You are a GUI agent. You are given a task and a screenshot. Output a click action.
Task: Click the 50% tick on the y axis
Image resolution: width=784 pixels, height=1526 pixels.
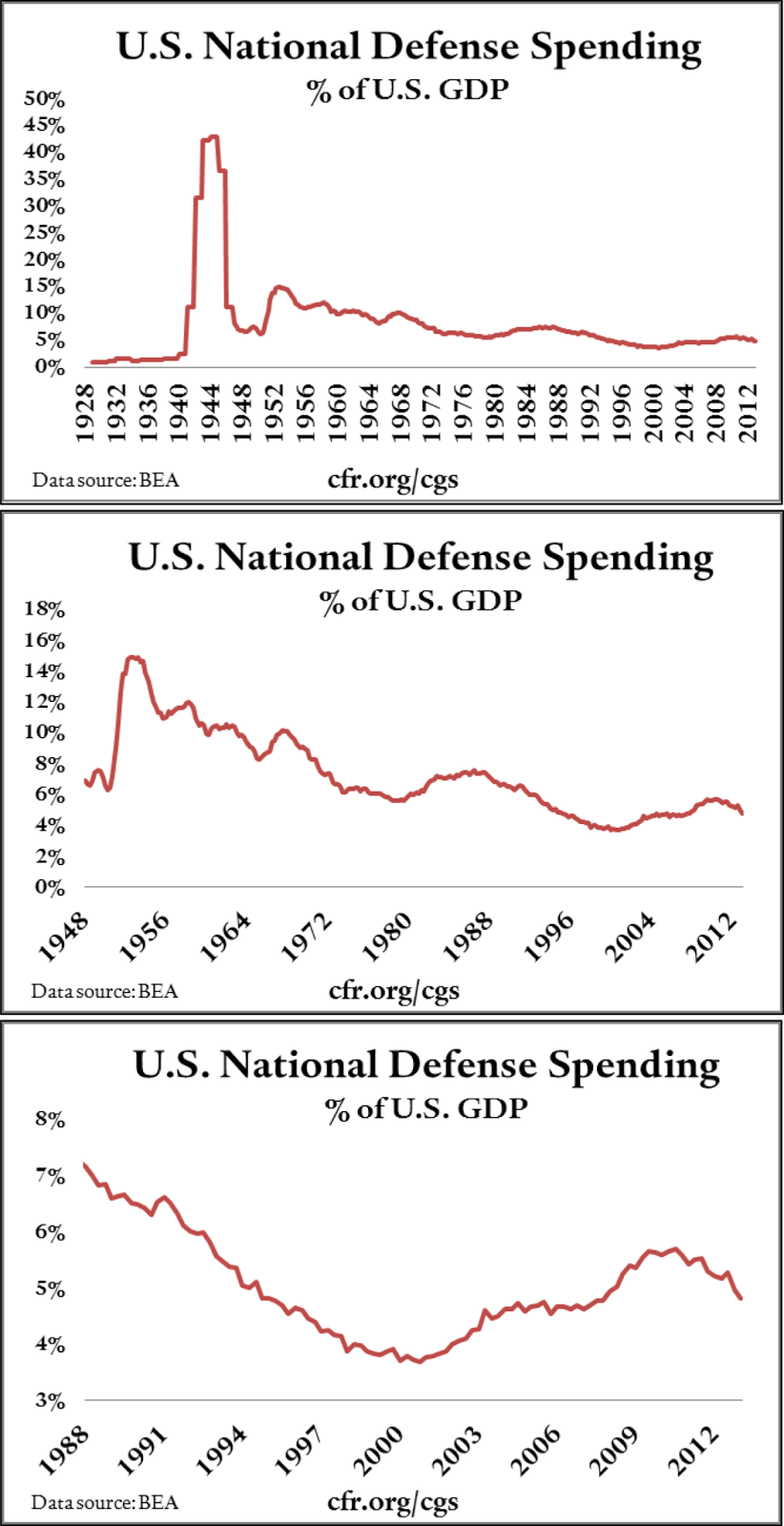(44, 99)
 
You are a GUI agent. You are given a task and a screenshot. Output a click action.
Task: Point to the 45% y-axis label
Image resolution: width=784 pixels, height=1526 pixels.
(44, 126)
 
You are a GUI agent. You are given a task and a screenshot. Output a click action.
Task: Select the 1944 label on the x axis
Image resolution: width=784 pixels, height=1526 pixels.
(211, 413)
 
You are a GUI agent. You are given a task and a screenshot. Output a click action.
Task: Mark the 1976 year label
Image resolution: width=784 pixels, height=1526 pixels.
(464, 413)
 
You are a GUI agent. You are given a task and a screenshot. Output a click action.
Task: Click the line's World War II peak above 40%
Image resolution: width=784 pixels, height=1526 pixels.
(213, 137)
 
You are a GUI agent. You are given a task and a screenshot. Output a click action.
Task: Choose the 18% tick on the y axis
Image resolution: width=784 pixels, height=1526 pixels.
(44, 608)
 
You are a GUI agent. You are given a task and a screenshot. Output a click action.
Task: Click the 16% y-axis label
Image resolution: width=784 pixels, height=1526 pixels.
(44, 640)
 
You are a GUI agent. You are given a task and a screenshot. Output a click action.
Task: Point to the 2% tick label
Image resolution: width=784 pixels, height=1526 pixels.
(50, 856)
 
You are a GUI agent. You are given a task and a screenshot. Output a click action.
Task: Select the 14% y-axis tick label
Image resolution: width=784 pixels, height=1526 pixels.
(44, 670)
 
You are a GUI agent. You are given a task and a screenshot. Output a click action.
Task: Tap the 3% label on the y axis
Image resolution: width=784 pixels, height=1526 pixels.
(50, 1401)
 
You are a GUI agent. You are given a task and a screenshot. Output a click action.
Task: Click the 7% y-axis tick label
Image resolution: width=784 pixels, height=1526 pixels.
(50, 1176)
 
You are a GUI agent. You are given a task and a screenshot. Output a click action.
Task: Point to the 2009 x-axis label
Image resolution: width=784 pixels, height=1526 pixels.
(614, 1450)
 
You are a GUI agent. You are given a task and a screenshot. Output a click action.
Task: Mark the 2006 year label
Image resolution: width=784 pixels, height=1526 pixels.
(536, 1450)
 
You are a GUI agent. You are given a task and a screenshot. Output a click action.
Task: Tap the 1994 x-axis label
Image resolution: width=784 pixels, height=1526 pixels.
(223, 1450)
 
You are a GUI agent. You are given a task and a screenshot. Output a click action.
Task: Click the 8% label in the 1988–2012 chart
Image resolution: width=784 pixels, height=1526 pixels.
(50, 1120)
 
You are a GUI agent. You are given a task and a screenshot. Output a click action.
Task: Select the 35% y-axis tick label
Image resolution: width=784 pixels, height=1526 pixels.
(44, 179)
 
